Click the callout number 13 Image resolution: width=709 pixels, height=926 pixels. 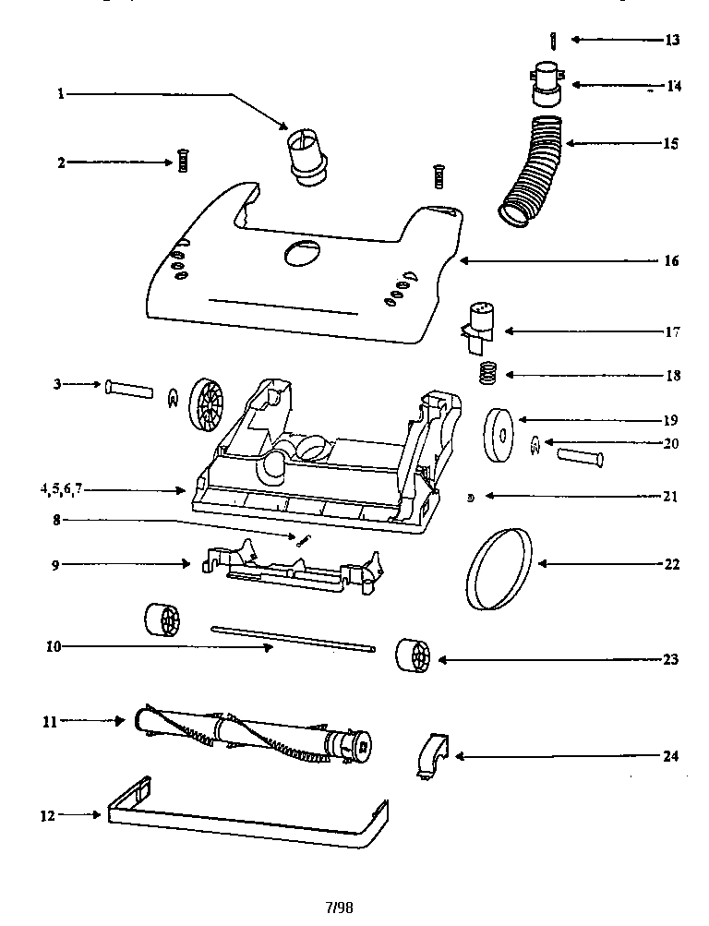tap(671, 40)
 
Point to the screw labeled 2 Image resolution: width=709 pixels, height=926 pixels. tap(182, 162)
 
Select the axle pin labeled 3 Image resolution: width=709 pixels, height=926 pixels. tap(130, 386)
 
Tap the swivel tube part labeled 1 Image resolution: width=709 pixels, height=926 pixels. tap(305, 155)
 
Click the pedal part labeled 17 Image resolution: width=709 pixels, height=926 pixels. tap(480, 328)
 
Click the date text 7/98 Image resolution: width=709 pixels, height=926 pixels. tap(339, 907)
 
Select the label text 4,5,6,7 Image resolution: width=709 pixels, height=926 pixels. tap(61, 490)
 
